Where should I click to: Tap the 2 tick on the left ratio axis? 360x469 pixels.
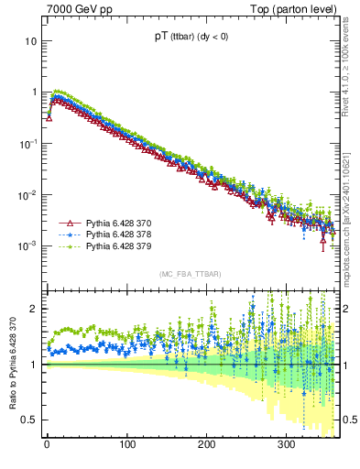pos(34,309)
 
